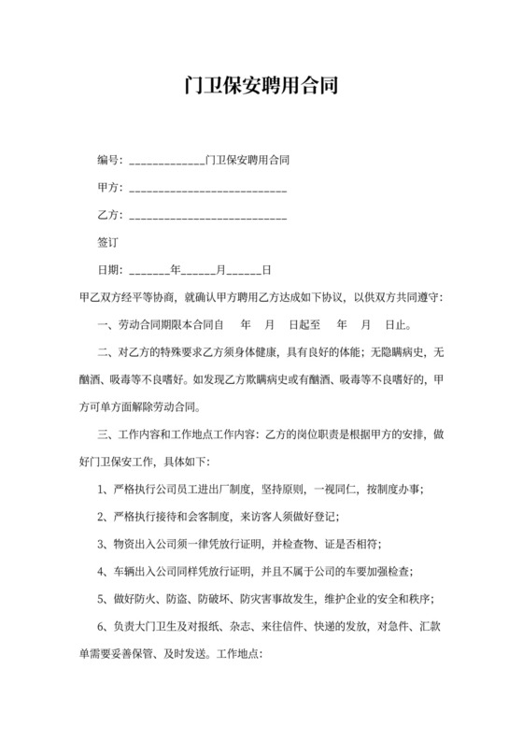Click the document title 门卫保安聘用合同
tap(261, 88)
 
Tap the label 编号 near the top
tap(108, 161)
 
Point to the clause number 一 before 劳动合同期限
tap(102, 326)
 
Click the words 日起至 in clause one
tap(304, 326)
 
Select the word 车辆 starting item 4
tap(121, 570)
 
